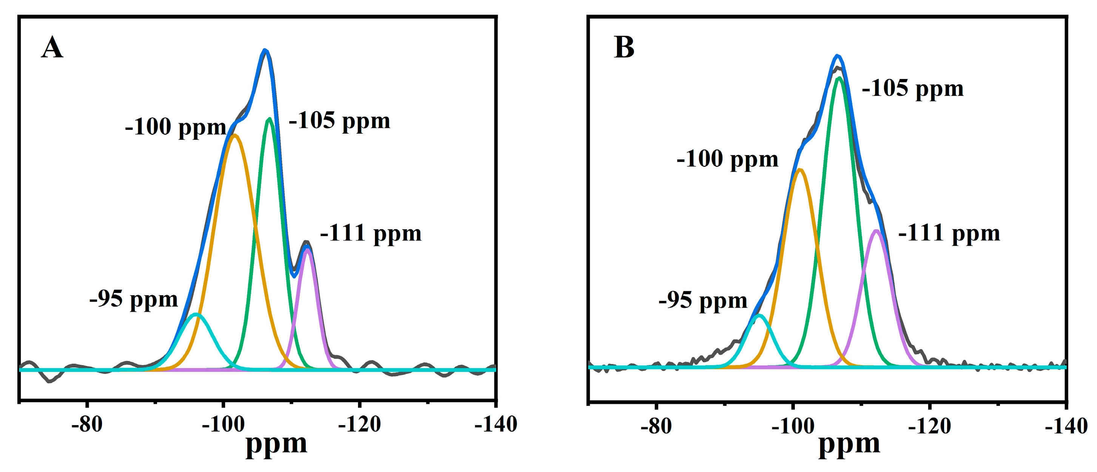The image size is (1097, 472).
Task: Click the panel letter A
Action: click(52, 48)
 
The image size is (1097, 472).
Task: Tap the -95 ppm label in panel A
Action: click(133, 299)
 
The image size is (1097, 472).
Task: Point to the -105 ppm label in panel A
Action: click(339, 120)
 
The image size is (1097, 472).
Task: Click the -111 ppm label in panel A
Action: click(370, 233)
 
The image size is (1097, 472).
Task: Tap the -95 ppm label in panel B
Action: click(703, 300)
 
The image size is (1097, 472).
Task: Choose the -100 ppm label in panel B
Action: click(727, 159)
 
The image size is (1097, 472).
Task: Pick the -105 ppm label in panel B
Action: click(913, 89)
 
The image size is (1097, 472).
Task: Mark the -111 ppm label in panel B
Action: click(949, 233)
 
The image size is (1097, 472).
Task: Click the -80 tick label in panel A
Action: click(87, 424)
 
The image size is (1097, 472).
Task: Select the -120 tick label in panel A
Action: click(359, 424)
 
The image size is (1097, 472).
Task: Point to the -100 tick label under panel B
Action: click(793, 426)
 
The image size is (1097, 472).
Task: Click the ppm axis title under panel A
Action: click(276, 445)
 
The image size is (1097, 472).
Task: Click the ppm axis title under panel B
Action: click(849, 445)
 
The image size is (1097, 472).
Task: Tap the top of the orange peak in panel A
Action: click(234, 136)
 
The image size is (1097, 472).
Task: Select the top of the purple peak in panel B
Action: click(876, 231)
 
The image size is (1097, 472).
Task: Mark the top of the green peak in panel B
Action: click(839, 78)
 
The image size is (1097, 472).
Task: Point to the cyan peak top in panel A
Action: click(196, 315)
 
